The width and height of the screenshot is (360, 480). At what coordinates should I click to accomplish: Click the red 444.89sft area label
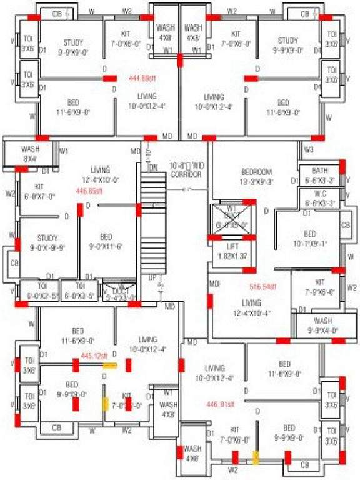click(142, 79)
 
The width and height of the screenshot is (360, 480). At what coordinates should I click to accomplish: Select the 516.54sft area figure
click(263, 287)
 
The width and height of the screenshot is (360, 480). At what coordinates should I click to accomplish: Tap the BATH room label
click(319, 174)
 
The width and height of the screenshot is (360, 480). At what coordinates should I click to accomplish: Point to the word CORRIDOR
click(186, 174)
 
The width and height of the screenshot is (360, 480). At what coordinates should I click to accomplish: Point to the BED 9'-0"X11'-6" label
click(106, 241)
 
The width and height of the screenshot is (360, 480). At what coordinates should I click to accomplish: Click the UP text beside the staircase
click(152, 275)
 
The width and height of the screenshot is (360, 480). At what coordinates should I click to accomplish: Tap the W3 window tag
click(308, 149)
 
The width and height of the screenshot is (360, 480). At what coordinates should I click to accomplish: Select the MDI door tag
click(215, 284)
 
